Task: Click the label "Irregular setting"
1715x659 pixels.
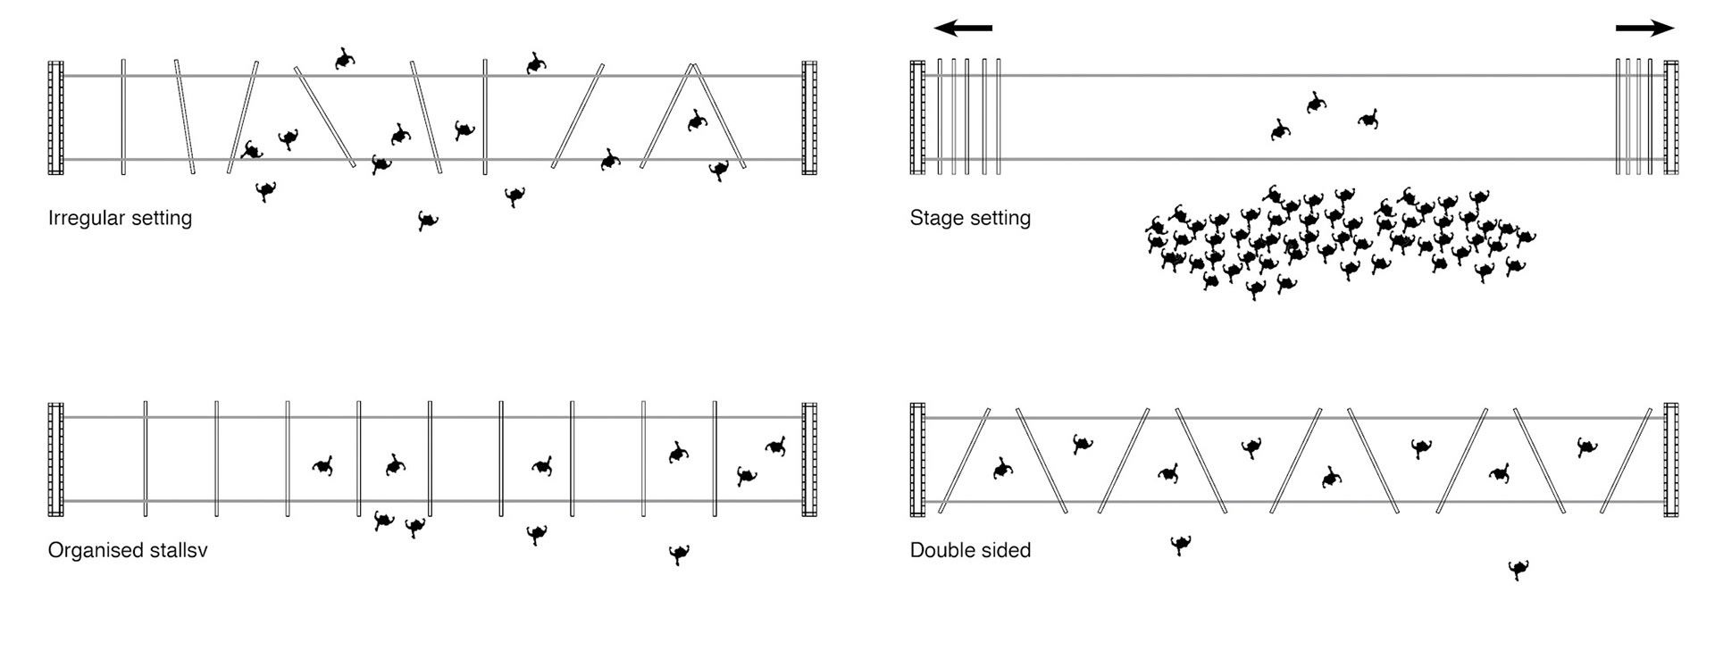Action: point(120,218)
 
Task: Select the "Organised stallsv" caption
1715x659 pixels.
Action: point(128,550)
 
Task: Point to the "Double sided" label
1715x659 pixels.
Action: point(970,550)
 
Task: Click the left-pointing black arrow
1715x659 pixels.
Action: point(963,29)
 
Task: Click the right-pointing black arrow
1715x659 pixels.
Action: point(1644,29)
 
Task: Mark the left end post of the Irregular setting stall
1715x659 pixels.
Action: point(55,117)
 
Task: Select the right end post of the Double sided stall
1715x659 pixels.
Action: point(1670,460)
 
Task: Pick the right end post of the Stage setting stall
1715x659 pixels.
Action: point(1670,117)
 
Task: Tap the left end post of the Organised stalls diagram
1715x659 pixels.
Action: point(55,460)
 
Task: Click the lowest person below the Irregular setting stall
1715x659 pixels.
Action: point(428,221)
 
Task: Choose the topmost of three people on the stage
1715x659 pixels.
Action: point(1315,103)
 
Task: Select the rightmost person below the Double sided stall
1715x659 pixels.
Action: point(1518,569)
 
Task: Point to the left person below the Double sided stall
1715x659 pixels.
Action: point(1180,544)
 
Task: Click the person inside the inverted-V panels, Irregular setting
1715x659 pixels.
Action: point(697,121)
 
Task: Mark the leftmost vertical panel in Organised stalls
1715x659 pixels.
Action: point(146,459)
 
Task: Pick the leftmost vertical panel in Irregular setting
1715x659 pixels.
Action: point(123,117)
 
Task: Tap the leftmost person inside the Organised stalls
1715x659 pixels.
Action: point(322,466)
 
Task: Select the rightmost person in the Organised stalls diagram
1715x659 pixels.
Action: point(775,446)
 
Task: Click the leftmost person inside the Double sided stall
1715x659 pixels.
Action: point(1002,468)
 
